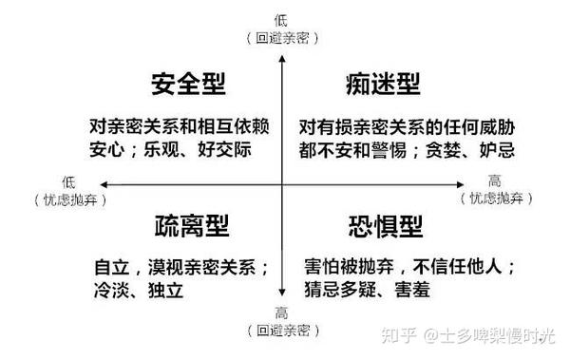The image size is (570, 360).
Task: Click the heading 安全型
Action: pos(187,85)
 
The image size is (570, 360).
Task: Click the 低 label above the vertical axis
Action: pos(281,19)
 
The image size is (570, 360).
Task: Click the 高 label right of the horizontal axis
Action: pos(495,181)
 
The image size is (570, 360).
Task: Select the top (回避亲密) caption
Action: pos(281,38)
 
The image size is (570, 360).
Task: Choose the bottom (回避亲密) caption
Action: pos(281,331)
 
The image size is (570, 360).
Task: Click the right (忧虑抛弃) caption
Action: pos(495,199)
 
